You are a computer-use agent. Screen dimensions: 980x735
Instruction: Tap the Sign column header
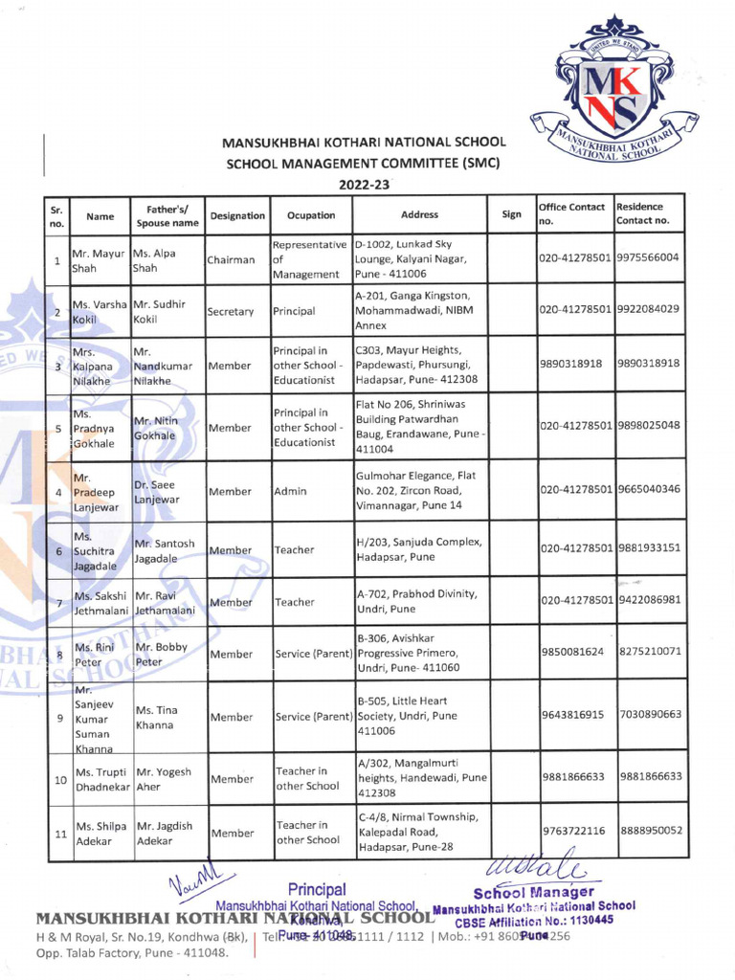click(x=511, y=215)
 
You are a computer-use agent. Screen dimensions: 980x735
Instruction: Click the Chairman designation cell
click(x=231, y=260)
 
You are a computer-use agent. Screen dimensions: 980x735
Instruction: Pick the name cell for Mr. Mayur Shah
click(x=100, y=260)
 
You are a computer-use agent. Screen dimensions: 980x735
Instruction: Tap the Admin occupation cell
click(x=290, y=491)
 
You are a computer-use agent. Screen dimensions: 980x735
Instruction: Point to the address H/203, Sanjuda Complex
click(x=418, y=549)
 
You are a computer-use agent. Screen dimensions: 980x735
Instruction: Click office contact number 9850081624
click(x=572, y=653)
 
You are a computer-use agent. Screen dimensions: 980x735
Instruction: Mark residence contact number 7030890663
click(x=650, y=715)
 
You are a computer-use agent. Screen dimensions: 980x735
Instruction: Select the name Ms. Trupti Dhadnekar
click(x=101, y=779)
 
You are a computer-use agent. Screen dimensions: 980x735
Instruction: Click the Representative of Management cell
click(x=309, y=260)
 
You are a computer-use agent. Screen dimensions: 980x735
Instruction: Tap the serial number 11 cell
click(x=57, y=834)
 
